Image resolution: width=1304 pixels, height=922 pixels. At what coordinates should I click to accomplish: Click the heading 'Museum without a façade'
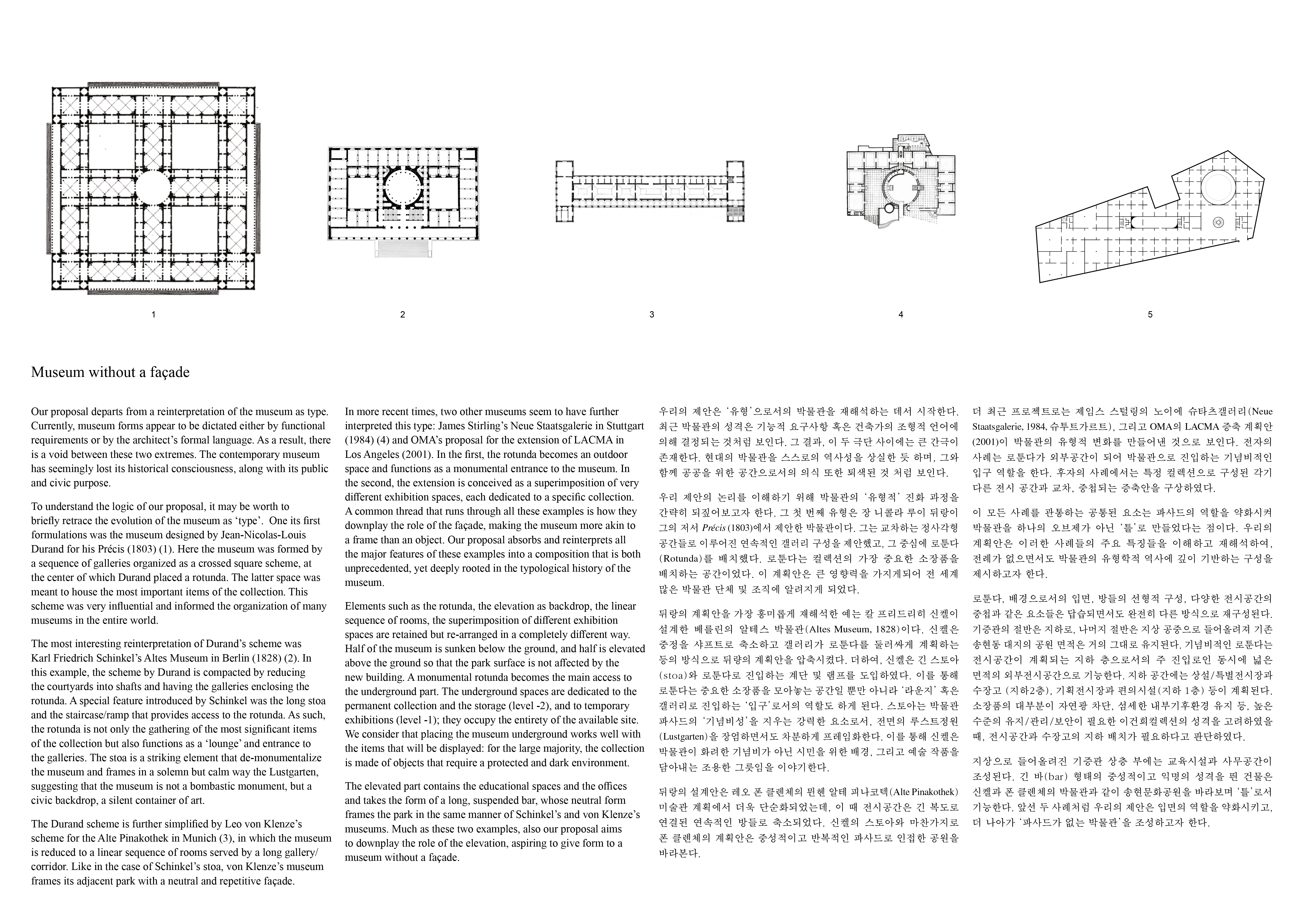coord(110,372)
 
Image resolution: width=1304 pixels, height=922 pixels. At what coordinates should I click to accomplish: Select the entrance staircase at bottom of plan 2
coord(403,248)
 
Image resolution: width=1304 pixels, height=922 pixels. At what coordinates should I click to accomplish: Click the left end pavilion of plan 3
coord(565,191)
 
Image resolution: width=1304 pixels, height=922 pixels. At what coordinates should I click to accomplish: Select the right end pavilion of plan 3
coord(736,191)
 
